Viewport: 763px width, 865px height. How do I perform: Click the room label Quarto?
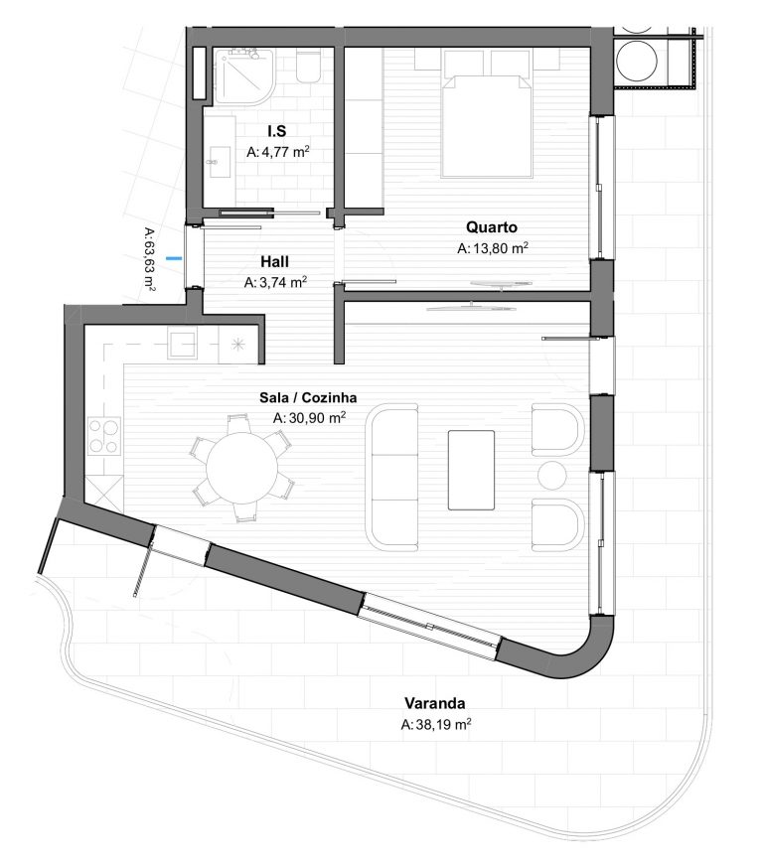(492, 227)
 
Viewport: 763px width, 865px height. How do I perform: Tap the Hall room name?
(275, 261)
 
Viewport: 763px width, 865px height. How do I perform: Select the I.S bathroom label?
(277, 131)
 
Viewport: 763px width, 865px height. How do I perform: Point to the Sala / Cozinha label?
(308, 398)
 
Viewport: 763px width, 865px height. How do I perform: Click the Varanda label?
(435, 703)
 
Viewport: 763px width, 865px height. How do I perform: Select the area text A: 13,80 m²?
(493, 248)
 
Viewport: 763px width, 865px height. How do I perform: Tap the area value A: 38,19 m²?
(436, 724)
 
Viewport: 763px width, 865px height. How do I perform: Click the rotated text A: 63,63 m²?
(149, 259)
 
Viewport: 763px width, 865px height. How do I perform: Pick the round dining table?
(241, 468)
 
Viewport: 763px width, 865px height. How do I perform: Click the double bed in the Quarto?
(487, 126)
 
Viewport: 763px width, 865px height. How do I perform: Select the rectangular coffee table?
(471, 470)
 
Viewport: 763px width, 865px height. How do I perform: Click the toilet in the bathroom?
(308, 67)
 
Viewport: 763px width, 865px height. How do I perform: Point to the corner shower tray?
(243, 76)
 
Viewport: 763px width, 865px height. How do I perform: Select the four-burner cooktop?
(104, 436)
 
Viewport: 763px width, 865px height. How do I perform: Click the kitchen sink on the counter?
(182, 345)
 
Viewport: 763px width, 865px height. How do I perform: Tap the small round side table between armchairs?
(552, 476)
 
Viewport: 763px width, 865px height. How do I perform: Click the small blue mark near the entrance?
(174, 257)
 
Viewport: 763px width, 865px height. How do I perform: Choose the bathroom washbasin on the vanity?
(219, 162)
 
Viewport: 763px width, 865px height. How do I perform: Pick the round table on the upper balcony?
(636, 61)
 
